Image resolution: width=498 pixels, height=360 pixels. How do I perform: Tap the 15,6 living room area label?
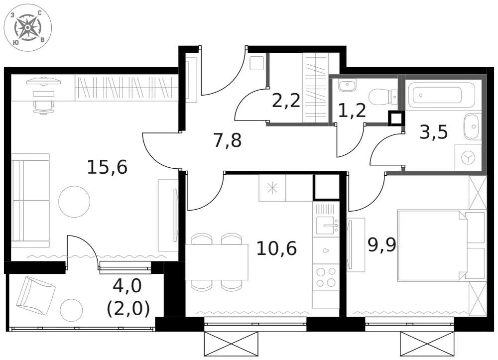(x=107, y=167)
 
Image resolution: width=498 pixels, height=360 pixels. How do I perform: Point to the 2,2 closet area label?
(x=286, y=101)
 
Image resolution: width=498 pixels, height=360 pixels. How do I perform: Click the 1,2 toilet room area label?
(x=352, y=111)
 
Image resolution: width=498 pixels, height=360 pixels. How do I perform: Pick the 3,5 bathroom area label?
(x=434, y=132)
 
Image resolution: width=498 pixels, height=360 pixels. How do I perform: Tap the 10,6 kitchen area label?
(x=276, y=247)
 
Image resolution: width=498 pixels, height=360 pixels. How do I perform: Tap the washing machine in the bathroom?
(x=468, y=158)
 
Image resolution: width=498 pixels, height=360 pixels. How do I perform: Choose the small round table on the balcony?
(x=71, y=311)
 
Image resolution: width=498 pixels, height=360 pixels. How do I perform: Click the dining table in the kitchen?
(x=217, y=262)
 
